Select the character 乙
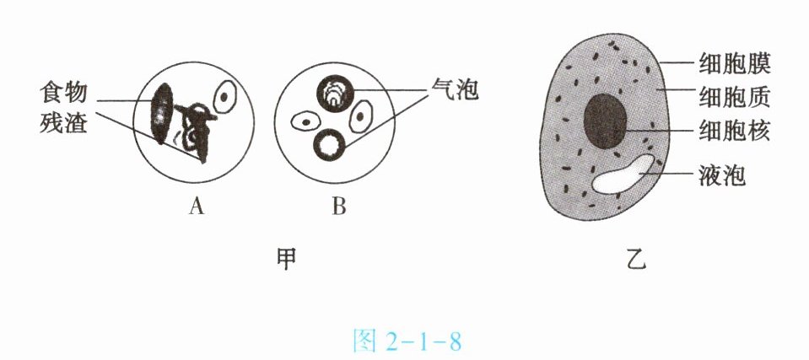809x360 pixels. [x=637, y=259]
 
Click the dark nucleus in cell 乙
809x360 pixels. [x=605, y=121]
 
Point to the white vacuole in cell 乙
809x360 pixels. [x=625, y=174]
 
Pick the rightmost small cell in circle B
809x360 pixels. [x=361, y=116]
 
